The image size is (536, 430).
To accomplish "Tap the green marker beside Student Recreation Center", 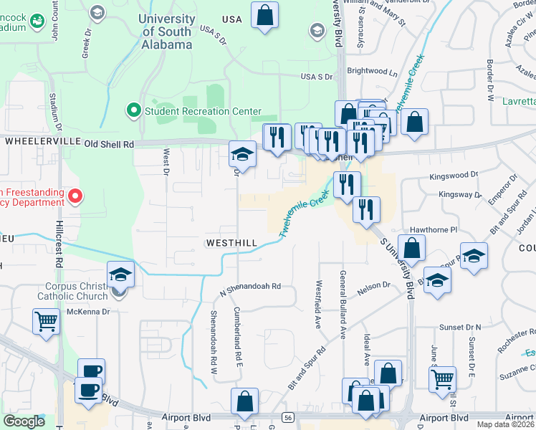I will (133, 110).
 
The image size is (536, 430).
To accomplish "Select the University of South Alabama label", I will (168, 32).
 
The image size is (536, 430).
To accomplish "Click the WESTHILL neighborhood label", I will (231, 243).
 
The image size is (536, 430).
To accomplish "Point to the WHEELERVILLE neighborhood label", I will (42, 141).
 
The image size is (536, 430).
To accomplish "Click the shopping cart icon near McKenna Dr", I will (46, 321).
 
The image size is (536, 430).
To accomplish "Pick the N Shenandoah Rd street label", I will (249, 287).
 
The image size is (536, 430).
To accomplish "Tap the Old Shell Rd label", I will (109, 144).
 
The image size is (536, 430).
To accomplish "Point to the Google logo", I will (24, 421).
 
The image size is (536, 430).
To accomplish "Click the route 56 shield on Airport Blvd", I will (287, 417).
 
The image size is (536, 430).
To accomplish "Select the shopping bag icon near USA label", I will (264, 15).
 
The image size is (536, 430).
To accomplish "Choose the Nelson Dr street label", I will (373, 285).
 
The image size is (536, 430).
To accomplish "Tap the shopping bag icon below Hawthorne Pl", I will (412, 249).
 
